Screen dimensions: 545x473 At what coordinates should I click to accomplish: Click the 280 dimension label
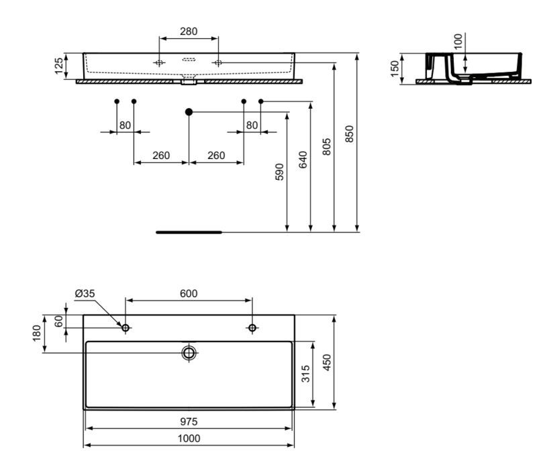pos(189,32)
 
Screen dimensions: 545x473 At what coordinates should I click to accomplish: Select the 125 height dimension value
pos(59,66)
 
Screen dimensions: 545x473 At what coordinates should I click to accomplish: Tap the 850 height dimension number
pos(349,134)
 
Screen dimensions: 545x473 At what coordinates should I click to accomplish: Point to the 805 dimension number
pos(326,147)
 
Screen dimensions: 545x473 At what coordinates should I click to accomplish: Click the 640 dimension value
pos(303,160)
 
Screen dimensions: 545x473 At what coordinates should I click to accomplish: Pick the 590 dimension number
pos(279,172)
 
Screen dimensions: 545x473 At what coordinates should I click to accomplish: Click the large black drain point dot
pos(189,112)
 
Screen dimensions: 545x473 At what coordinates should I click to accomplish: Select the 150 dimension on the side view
pos(395,69)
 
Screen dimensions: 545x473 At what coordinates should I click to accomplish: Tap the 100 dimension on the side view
pos(458,42)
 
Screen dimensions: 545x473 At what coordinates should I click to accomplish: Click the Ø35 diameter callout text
pos(85,293)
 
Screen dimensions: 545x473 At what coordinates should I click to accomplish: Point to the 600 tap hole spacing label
pos(189,294)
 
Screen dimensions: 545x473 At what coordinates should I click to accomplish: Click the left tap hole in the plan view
pos(126,327)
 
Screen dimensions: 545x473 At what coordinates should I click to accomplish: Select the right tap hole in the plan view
pos(252,327)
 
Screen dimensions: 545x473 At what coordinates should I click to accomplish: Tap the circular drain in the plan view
pos(189,353)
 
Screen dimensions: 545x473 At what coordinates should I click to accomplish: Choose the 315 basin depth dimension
pos(305,374)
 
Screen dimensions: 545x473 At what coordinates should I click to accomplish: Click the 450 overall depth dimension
pos(327,362)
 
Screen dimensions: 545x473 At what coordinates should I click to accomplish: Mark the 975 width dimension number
pos(189,421)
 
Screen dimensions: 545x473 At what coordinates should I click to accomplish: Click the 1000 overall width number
pos(189,439)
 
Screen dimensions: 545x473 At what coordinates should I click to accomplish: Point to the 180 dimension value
pos(37,333)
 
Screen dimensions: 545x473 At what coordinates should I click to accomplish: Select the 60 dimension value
pos(58,321)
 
